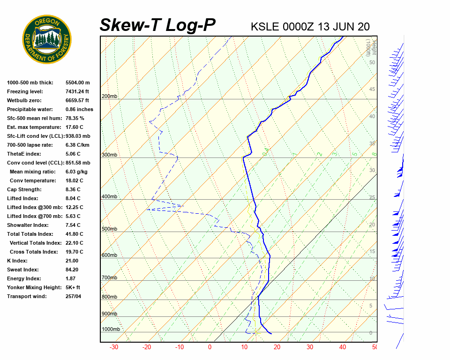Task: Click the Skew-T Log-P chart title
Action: tap(157, 25)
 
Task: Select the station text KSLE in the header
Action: tap(265, 27)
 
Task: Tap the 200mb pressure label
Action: tap(110, 97)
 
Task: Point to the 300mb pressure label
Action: tap(110, 155)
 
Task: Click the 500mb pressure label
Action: tap(110, 229)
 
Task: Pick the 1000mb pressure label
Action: tap(111, 329)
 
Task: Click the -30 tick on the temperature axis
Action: tap(113, 347)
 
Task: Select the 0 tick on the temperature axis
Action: tap(210, 347)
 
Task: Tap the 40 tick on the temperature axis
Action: tap(343, 347)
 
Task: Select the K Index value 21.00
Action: tap(72, 261)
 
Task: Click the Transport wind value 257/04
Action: tap(73, 296)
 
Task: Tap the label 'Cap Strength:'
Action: tap(24, 189)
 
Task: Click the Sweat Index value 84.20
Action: tap(72, 270)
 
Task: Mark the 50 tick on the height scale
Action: tap(372, 62)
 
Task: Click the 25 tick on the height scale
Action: tap(372, 198)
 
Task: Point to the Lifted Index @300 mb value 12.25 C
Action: tap(74, 207)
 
